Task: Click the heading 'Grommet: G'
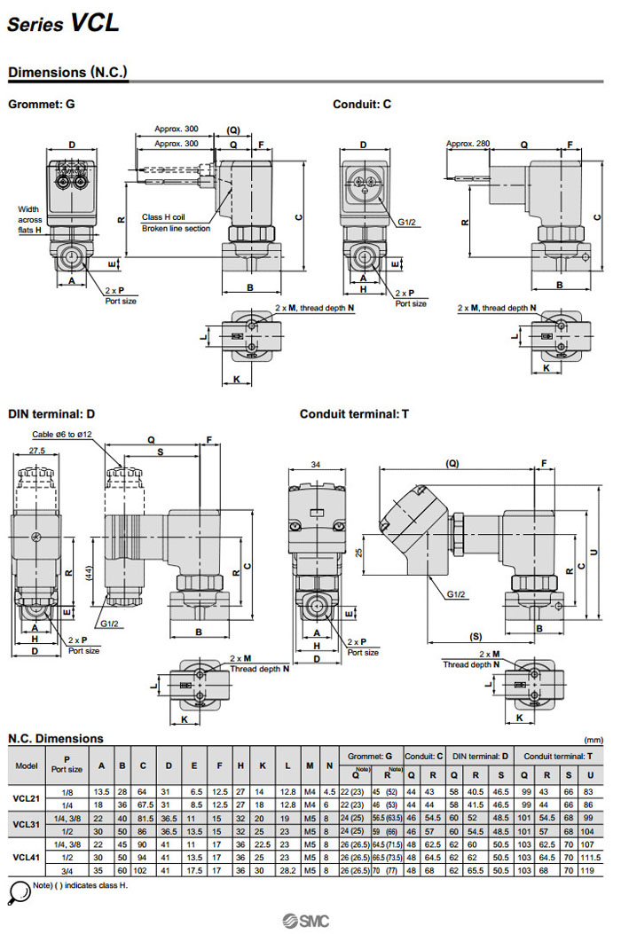[x=41, y=104]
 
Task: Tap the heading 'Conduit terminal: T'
[x=354, y=413]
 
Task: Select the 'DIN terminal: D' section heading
[x=51, y=413]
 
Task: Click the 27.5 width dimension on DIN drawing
[x=36, y=451]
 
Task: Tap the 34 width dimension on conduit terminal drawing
[x=317, y=464]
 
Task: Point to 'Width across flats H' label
[x=30, y=220]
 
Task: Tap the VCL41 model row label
[x=27, y=858]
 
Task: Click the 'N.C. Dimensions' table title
[x=56, y=738]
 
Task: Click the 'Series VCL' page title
[x=63, y=24]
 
